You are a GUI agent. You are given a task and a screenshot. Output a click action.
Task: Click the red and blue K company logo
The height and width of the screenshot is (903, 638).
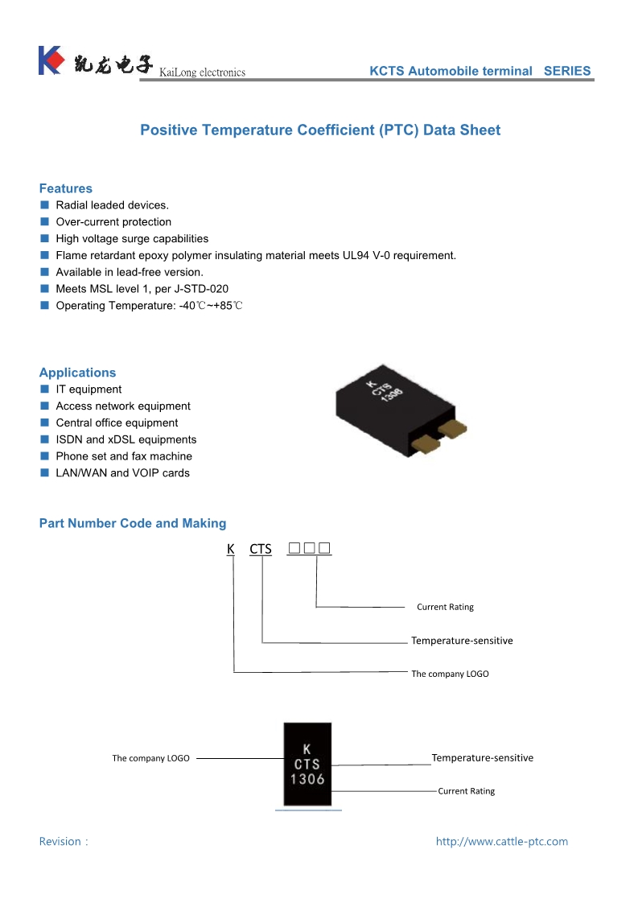(x=50, y=61)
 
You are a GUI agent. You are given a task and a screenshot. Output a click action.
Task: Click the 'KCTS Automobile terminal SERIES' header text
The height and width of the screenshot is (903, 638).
(x=480, y=71)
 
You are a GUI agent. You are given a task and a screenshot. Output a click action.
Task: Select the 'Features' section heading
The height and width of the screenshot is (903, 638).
(x=66, y=188)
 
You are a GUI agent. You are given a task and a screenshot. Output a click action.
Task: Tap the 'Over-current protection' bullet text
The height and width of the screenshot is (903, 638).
(x=113, y=222)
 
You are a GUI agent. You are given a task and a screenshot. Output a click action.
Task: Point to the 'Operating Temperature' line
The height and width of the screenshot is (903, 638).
(x=149, y=306)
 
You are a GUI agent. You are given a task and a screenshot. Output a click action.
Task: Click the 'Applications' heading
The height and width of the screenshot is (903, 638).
(x=77, y=373)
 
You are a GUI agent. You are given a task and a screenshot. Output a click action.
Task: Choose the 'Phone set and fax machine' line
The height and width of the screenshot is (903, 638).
(x=124, y=456)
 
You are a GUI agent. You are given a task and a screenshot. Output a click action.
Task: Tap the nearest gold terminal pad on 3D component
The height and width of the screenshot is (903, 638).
(x=424, y=442)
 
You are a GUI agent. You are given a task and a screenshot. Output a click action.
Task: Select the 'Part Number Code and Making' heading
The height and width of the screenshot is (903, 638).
(x=133, y=523)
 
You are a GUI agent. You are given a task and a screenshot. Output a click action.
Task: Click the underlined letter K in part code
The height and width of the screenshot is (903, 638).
(x=231, y=550)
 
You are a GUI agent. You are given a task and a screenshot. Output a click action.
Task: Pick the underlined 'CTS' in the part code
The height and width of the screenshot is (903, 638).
(x=261, y=550)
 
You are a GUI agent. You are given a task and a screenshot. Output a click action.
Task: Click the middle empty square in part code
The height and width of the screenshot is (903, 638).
(x=310, y=549)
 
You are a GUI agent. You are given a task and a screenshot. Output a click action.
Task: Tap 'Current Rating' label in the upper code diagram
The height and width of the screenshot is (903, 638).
(x=445, y=607)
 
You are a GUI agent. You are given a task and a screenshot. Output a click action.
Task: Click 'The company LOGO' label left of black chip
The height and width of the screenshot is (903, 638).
(x=151, y=758)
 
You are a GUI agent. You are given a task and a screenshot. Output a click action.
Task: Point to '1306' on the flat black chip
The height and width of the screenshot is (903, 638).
(x=307, y=779)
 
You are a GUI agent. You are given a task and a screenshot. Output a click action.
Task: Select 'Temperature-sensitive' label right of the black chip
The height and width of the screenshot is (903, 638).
(x=482, y=757)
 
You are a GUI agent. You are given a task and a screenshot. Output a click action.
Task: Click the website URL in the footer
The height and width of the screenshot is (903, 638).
(x=501, y=842)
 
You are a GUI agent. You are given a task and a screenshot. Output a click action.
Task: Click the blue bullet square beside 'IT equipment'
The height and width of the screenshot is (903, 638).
(x=45, y=390)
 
